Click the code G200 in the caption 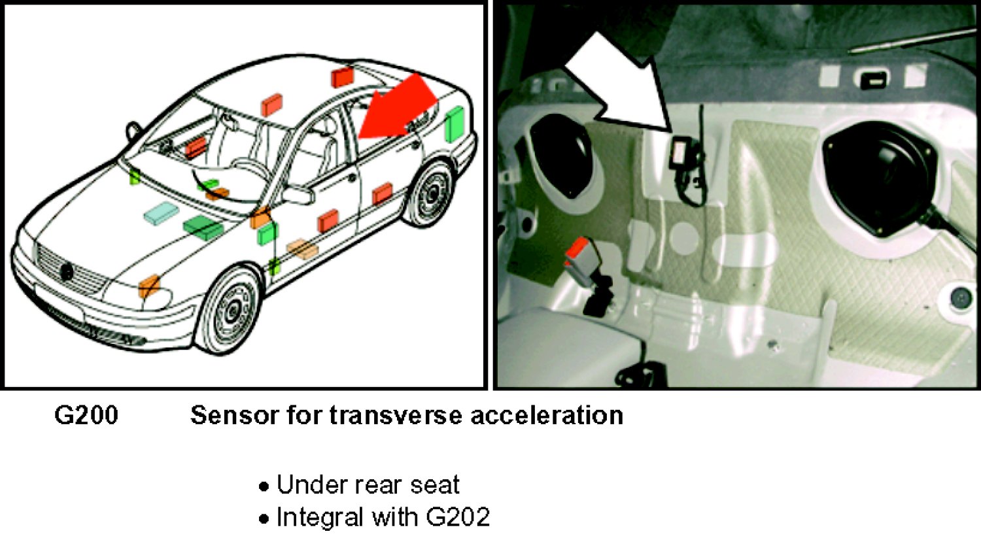click(86, 415)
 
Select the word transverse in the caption click(396, 415)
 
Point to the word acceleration click(547, 415)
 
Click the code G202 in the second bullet click(458, 517)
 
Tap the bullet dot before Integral click(264, 519)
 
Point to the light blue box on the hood click(161, 213)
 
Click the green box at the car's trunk click(455, 124)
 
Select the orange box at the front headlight click(149, 286)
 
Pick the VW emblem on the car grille click(67, 271)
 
